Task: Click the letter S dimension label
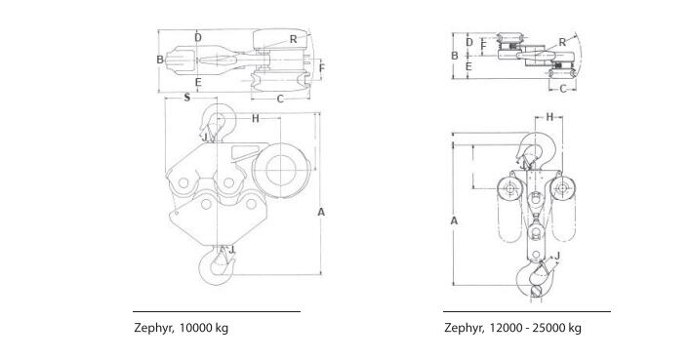point(187,98)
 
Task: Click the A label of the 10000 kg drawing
point(321,213)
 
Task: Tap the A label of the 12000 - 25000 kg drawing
point(454,220)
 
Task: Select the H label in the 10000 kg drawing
point(256,118)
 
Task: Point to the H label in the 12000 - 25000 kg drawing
point(549,117)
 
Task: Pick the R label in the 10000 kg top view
point(294,40)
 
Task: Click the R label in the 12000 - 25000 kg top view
point(562,43)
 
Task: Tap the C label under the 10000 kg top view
point(280,100)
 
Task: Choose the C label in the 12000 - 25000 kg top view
point(563,89)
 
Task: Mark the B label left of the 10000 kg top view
point(160,60)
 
